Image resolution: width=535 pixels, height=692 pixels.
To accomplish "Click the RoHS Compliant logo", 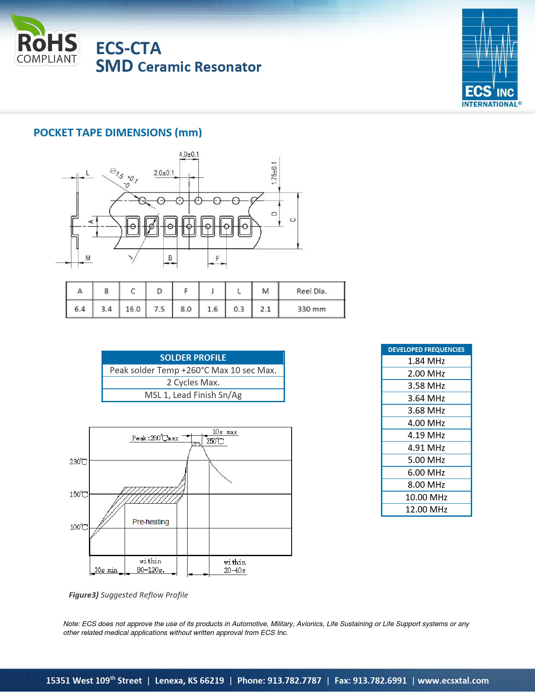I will click(x=46, y=40).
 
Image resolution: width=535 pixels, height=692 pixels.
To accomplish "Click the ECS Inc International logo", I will click(x=490, y=58).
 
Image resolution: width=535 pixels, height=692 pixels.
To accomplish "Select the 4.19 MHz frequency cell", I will click(x=426, y=435).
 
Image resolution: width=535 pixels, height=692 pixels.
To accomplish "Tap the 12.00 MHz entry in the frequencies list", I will click(x=426, y=510).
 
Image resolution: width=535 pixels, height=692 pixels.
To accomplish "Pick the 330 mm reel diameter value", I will click(x=311, y=309).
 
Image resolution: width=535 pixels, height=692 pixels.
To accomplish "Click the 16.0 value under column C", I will click(x=133, y=309).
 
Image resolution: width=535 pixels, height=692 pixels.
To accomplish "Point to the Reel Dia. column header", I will click(x=311, y=291).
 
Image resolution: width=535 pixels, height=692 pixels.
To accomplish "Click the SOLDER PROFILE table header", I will click(x=193, y=358).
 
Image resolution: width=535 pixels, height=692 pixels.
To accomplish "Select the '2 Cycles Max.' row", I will click(x=193, y=382).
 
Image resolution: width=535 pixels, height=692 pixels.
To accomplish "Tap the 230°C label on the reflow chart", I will click(x=78, y=462).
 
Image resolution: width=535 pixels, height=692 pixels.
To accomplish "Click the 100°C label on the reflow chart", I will click(x=78, y=527).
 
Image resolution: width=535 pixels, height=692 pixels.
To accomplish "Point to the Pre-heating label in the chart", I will click(x=151, y=522).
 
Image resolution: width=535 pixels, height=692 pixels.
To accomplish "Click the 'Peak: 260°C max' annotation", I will click(x=155, y=438).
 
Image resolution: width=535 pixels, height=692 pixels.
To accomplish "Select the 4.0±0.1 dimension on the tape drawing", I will click(x=189, y=154).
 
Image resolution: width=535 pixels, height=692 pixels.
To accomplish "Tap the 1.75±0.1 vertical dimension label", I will click(x=274, y=173).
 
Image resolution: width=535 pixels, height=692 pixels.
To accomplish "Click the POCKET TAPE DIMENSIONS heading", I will click(x=117, y=133).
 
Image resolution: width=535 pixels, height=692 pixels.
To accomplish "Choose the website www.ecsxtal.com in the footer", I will click(x=453, y=680).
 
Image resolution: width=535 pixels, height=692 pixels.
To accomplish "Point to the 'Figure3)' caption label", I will click(x=84, y=595).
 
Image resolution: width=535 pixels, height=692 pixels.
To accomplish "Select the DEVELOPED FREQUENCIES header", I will click(x=426, y=350).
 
